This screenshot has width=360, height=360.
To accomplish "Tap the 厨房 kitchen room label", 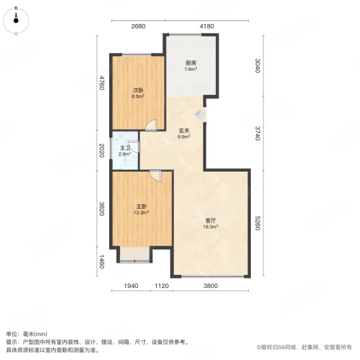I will [x=191, y=63].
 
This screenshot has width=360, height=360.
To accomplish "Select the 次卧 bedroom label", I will [x=138, y=91].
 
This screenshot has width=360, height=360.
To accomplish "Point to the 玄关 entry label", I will [x=184, y=130].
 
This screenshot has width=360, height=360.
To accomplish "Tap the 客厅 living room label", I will [x=210, y=221].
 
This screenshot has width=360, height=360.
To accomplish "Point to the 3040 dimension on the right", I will [x=257, y=65].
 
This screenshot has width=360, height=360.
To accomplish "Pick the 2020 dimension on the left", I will [x=102, y=150].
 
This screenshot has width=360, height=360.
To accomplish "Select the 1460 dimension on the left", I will [x=102, y=262].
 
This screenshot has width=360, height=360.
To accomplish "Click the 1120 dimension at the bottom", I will [x=161, y=286].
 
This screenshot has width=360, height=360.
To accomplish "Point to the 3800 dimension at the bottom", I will [x=210, y=286].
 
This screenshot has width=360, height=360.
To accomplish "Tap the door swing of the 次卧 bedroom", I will [x=152, y=125].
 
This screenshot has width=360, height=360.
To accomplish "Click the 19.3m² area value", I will [x=210, y=227].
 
